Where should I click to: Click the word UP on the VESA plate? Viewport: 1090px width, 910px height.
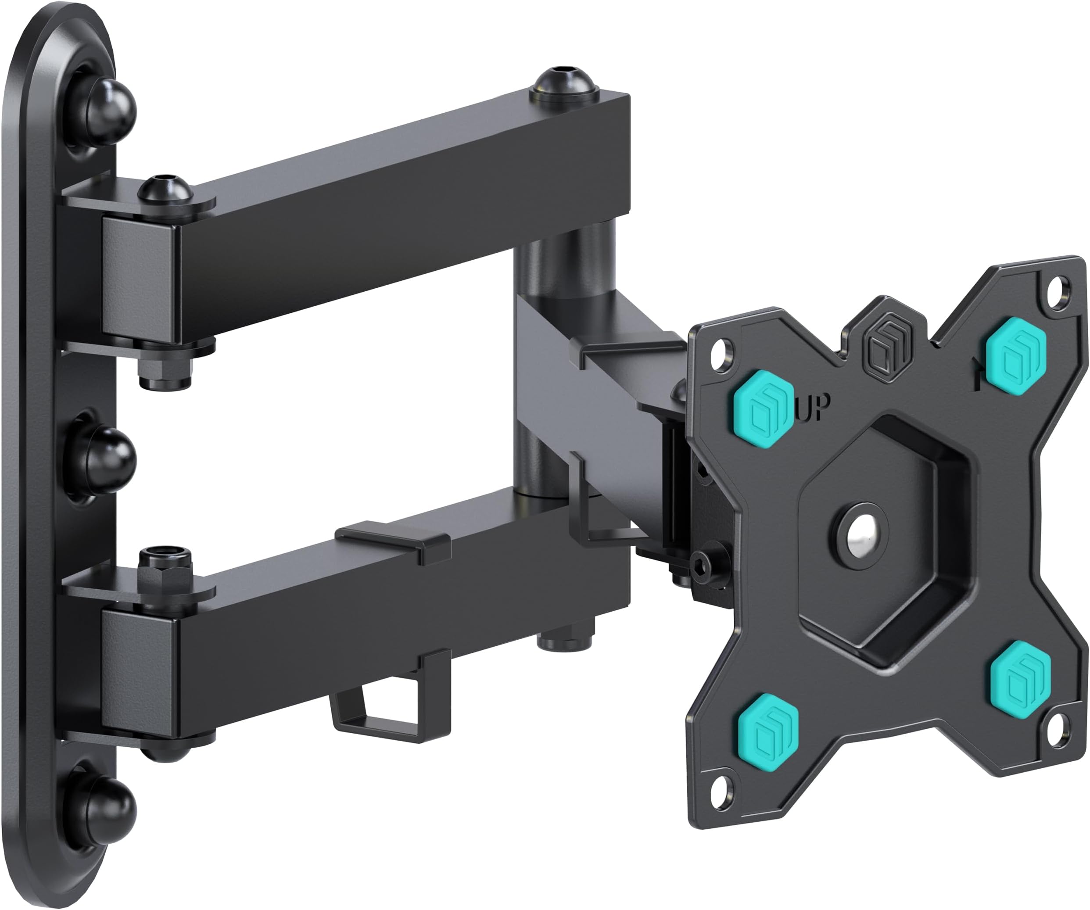[x=814, y=408]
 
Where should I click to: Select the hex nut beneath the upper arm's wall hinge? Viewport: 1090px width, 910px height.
[x=165, y=369]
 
